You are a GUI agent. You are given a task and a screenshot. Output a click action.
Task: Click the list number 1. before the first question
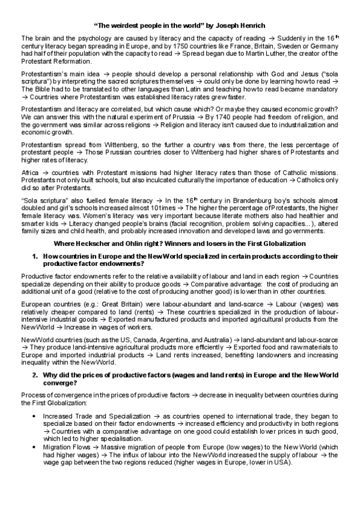35,256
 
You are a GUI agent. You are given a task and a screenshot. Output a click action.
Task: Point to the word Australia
206,340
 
